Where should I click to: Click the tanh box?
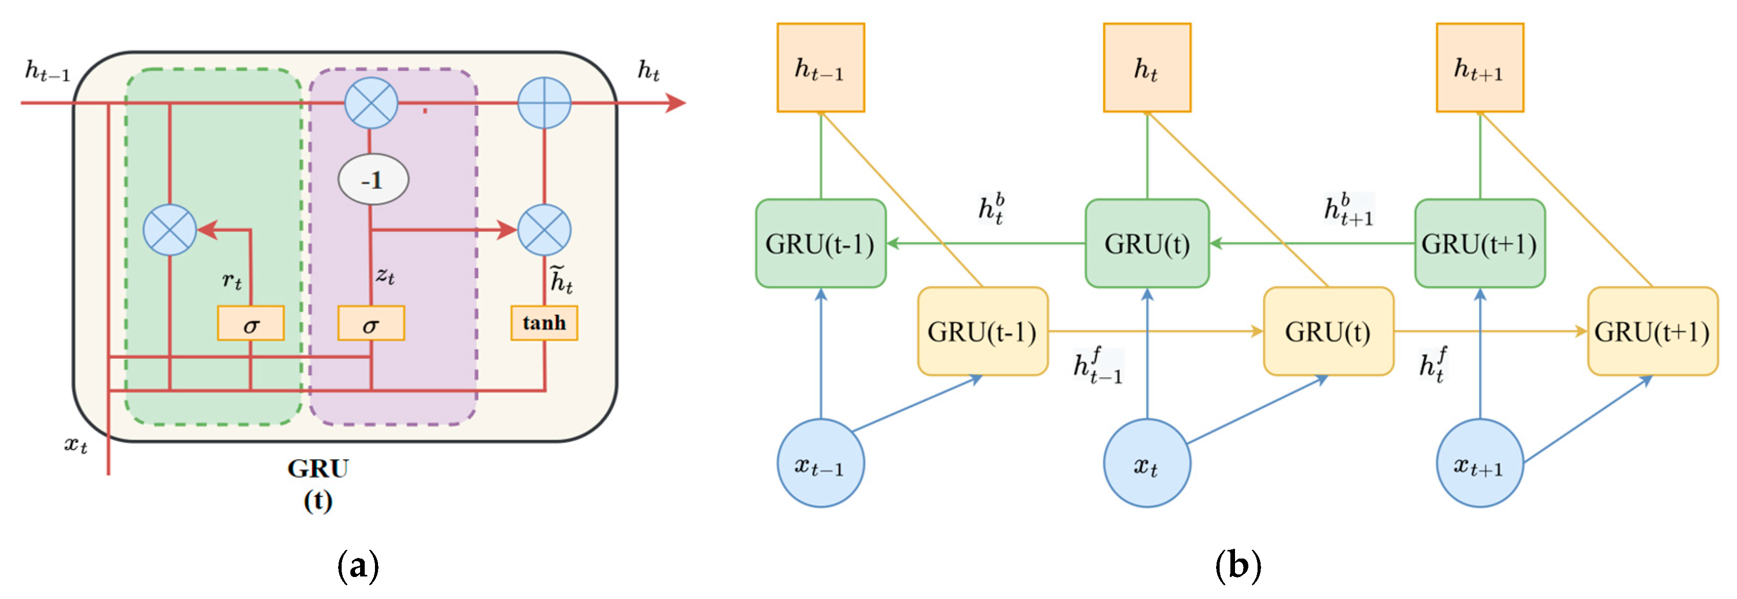[543, 324]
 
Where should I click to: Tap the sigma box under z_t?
[371, 324]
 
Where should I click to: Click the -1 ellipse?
[372, 180]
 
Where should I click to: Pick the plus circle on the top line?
[544, 103]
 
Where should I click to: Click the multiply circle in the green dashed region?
[170, 230]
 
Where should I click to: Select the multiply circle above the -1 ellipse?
[371, 103]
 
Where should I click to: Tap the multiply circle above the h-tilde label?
[544, 230]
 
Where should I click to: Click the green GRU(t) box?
[1146, 243]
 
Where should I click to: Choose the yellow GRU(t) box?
[1327, 332]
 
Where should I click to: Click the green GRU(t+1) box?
[1479, 243]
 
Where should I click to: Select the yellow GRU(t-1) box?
[982, 332]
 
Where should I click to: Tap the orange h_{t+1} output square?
[1479, 68]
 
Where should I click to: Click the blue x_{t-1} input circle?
[820, 463]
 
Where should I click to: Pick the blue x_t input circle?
[1146, 463]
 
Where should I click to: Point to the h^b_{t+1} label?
[1348, 209]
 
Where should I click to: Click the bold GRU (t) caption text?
[318, 484]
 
